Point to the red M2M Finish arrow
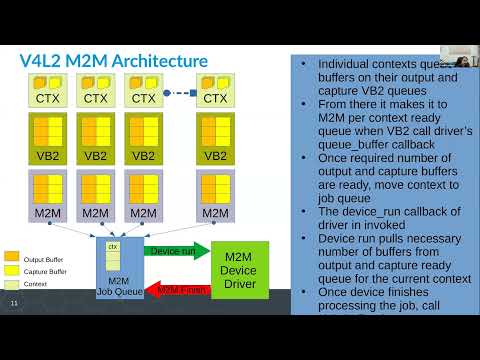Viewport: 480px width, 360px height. (177, 289)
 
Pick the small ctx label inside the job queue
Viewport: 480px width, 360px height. (113, 246)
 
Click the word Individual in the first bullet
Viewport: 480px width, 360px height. (346, 64)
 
